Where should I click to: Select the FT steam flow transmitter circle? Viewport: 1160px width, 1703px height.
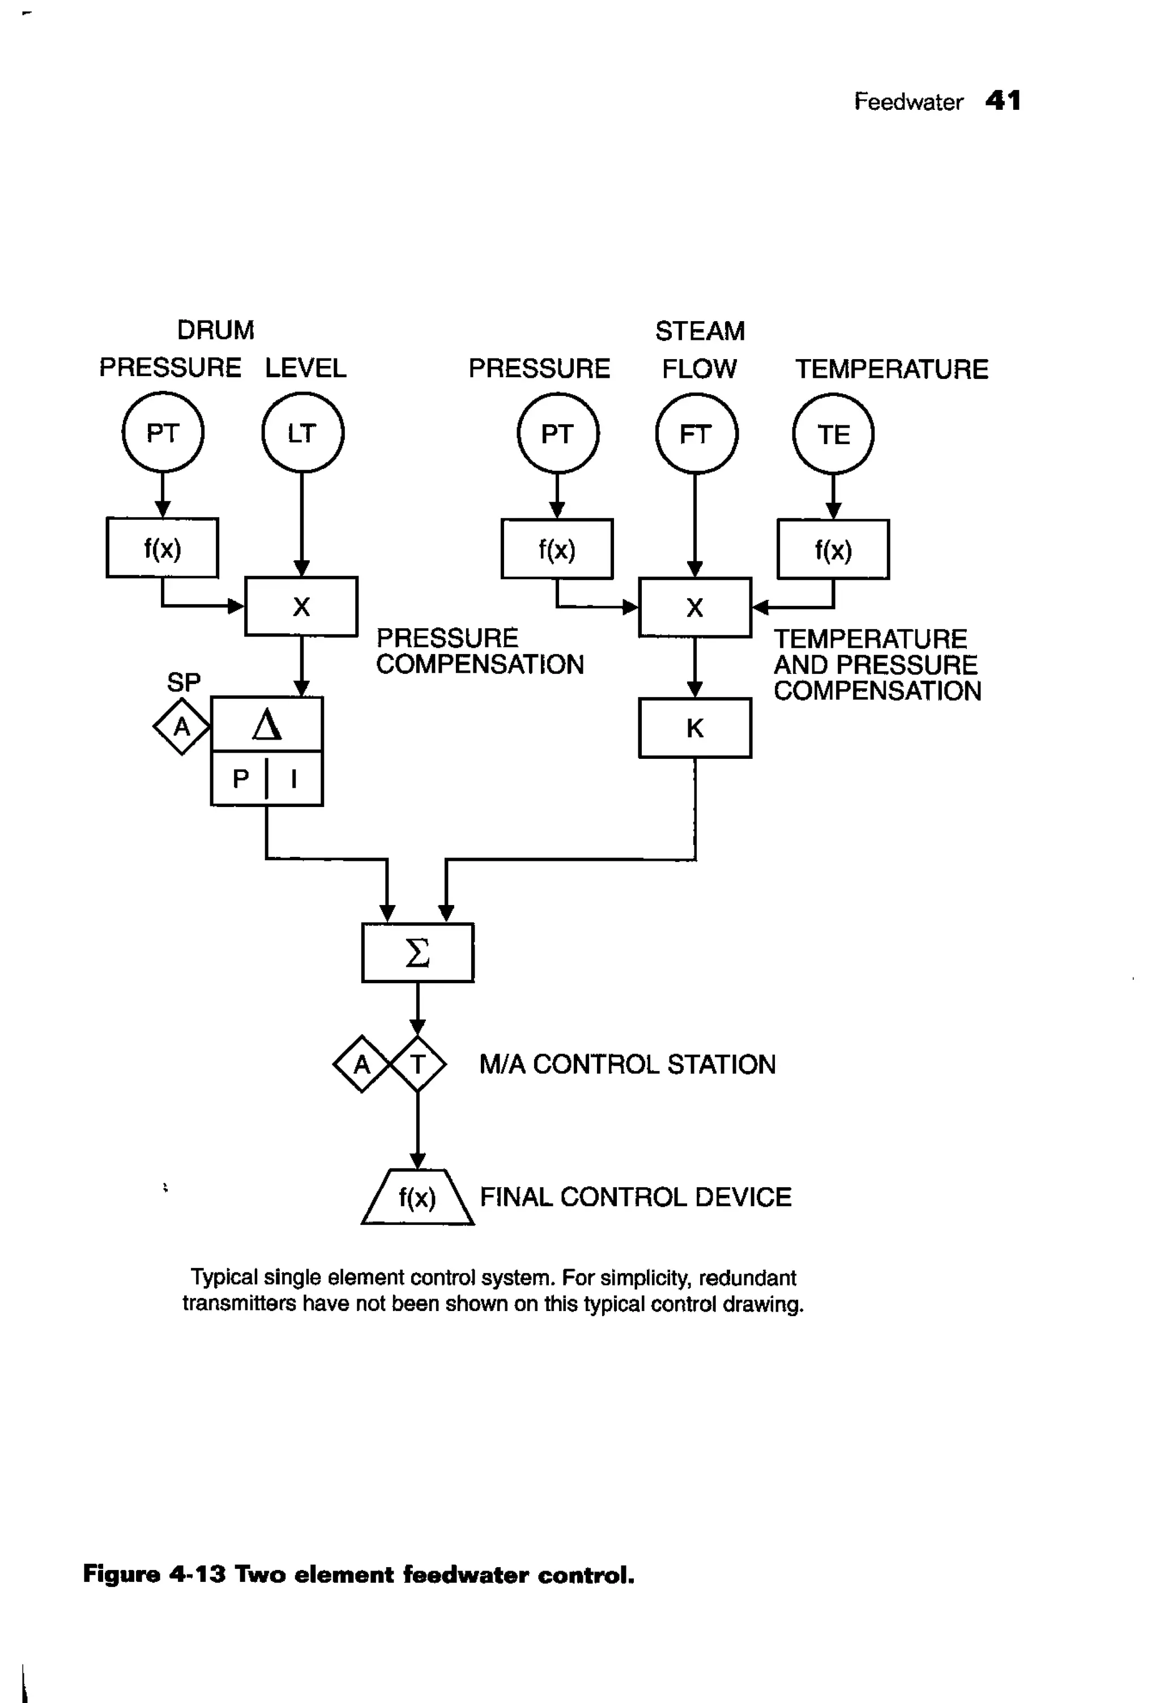click(x=696, y=434)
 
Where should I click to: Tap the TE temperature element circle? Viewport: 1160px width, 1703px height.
click(x=833, y=434)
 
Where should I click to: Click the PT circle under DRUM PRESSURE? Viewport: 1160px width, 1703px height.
click(x=163, y=432)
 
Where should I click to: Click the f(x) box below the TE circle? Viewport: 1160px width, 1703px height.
click(x=833, y=549)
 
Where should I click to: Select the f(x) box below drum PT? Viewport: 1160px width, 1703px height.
click(x=163, y=548)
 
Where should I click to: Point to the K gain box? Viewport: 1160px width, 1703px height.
click(x=694, y=728)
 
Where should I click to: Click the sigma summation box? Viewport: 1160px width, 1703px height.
click(x=417, y=953)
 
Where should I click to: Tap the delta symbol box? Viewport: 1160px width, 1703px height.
click(x=267, y=724)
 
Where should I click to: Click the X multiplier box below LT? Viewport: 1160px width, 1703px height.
click(x=301, y=606)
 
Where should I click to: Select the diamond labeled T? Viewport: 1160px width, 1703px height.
click(x=417, y=1064)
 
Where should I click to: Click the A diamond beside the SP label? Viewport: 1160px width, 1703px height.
click(x=181, y=727)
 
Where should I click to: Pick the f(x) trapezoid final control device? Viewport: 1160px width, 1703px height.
click(x=417, y=1197)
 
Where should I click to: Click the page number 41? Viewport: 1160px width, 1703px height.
click(x=1003, y=100)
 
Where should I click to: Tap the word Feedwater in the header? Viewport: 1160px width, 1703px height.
click(x=908, y=101)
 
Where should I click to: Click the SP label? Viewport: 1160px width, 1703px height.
click(x=183, y=682)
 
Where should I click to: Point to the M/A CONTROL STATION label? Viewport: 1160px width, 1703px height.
click(x=627, y=1064)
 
